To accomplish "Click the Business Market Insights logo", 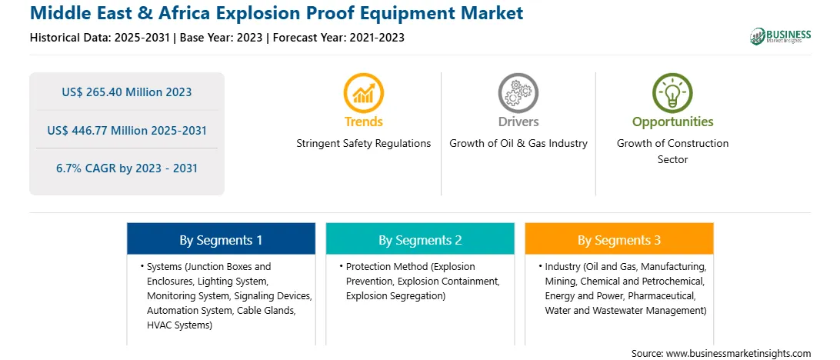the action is point(781,36).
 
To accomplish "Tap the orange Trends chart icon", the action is point(364,93).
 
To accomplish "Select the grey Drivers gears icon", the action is point(518,93).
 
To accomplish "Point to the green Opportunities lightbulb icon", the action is point(672,93).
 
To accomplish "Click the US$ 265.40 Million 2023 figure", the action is point(127,92).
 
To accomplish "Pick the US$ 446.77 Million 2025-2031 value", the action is point(127,130).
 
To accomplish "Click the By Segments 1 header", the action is point(222,239).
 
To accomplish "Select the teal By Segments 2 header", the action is point(420,239).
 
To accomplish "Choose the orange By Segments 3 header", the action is point(619,239).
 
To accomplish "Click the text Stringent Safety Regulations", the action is point(364,144).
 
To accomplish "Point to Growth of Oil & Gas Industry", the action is point(518,144).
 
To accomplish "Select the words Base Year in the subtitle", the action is point(209,38).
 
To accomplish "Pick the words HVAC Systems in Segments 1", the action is point(177,325).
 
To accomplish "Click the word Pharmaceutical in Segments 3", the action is point(662,295).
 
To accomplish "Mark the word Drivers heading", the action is point(518,122).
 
